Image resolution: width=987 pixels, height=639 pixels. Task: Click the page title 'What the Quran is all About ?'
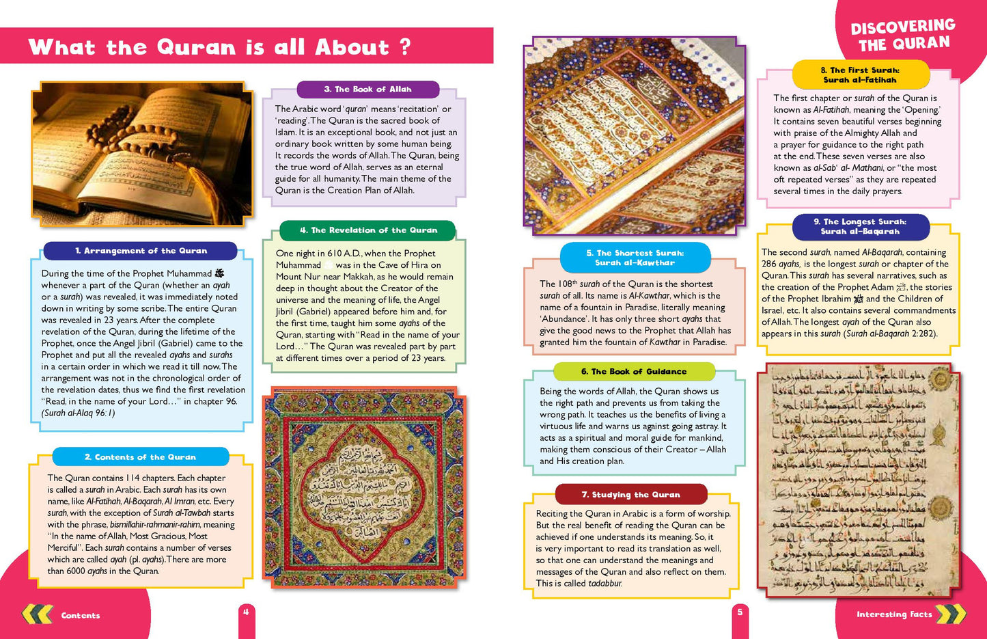coord(220,47)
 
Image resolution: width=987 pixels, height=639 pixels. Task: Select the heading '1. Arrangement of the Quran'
coord(141,251)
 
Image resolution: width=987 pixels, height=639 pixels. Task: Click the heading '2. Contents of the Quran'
coord(140,457)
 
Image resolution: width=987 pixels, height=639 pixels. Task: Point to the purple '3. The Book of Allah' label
coord(367,90)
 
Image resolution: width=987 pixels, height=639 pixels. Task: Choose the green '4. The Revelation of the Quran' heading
coord(368,230)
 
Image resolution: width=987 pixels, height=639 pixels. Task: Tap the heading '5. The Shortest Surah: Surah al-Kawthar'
coord(635,258)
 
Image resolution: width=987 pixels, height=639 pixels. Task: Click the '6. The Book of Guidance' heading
coord(634,372)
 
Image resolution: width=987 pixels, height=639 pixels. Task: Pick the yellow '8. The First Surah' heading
coord(860,74)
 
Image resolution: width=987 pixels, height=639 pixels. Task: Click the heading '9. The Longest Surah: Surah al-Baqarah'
coord(860,226)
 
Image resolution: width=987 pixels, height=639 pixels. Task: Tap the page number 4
coord(246,612)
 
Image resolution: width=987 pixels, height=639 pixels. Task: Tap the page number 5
coord(740,612)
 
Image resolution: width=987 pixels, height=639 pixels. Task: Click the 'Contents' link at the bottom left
coord(81,616)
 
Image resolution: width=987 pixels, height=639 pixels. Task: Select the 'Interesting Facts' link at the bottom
coord(894,614)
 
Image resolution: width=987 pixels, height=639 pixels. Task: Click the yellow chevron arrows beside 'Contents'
coord(37,614)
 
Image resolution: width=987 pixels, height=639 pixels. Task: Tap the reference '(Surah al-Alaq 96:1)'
coord(78,413)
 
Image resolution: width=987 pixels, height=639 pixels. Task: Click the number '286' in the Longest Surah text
coord(769,264)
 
